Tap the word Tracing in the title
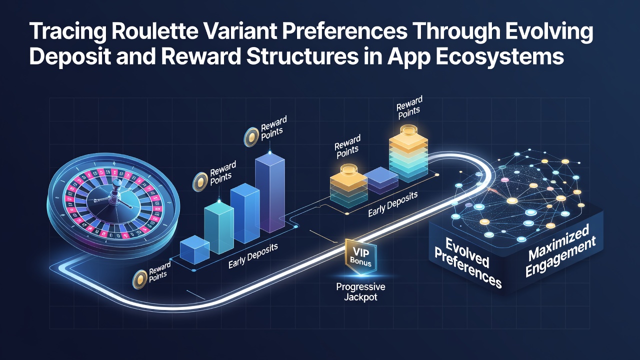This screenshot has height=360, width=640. [x=67, y=32]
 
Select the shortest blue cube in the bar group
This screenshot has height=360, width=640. [x=194, y=249]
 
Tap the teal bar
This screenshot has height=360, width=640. [x=219, y=227]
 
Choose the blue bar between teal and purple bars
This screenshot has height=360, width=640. [x=245, y=213]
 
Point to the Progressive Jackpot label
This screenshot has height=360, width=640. [x=360, y=291]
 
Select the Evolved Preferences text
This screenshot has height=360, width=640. [x=467, y=262]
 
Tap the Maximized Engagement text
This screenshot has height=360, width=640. [x=560, y=250]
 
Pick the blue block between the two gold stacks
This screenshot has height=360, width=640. [x=380, y=180]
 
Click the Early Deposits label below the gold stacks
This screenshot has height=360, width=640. [x=393, y=204]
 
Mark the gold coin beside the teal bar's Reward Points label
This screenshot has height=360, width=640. [x=200, y=181]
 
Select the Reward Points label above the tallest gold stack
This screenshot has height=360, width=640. [x=409, y=108]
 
